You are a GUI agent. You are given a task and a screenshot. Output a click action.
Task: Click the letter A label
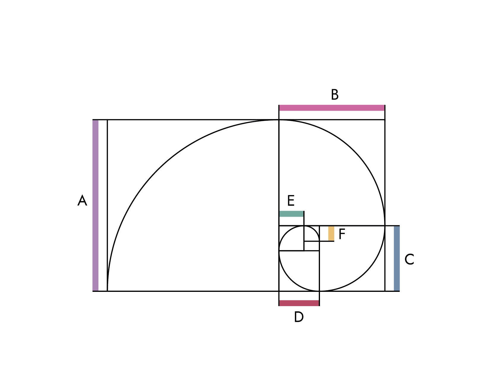[82, 201]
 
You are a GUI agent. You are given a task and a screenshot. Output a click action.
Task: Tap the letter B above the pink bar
[335, 95]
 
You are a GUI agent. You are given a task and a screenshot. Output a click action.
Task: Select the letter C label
[409, 259]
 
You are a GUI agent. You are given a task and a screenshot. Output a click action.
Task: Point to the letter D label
[299, 317]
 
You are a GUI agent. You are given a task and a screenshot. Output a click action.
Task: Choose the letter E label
[291, 201]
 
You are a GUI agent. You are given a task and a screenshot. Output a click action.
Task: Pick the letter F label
[342, 234]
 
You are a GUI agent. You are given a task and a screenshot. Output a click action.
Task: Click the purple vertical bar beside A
[95, 205]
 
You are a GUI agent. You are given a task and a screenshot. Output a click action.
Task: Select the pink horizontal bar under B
[332, 108]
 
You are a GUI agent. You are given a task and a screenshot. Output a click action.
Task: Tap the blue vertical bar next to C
[397, 259]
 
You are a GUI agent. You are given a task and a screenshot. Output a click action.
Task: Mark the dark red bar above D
[299, 303]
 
